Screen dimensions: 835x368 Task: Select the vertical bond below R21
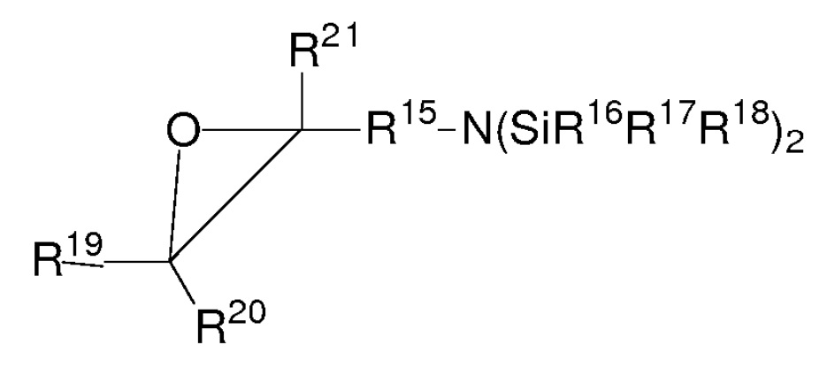click(302, 97)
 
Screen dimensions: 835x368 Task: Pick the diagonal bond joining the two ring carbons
click(237, 197)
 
